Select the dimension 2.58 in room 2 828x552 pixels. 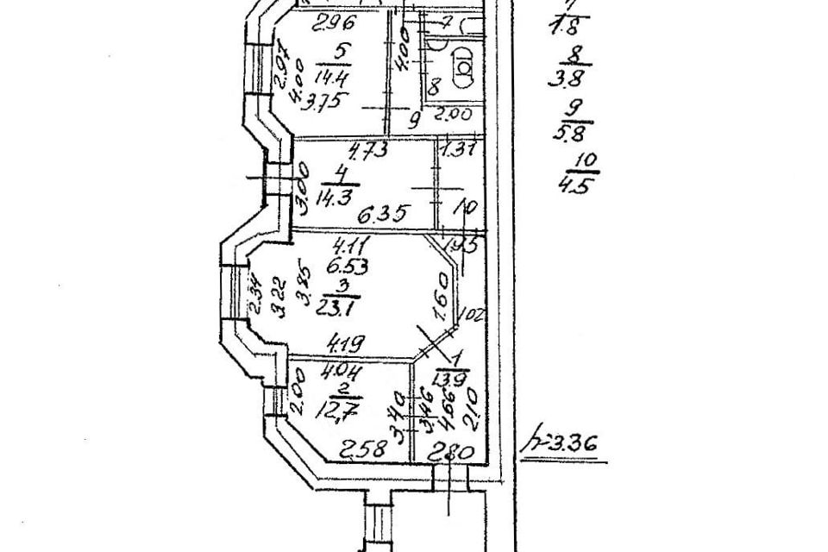point(361,448)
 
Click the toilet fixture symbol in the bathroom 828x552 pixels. point(463,66)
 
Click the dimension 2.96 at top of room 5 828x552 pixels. point(314,23)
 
